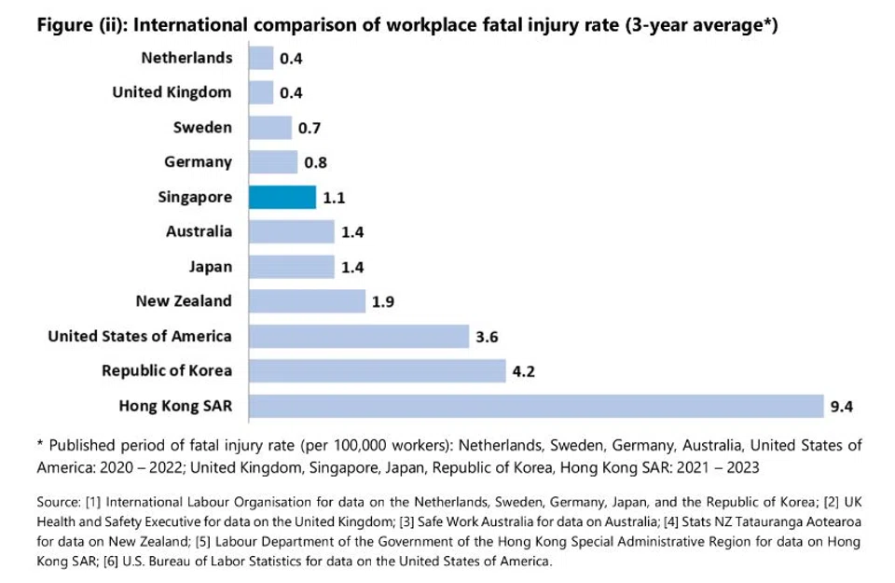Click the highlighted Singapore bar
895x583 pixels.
click(282, 197)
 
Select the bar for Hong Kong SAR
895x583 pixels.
click(537, 406)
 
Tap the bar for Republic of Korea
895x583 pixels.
click(377, 371)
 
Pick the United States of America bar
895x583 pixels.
click(358, 336)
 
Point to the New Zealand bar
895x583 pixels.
click(307, 301)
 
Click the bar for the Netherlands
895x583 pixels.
click(261, 58)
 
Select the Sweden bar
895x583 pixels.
click(270, 128)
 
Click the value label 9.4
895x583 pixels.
click(843, 406)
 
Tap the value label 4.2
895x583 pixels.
click(523, 371)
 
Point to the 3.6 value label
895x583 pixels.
click(487, 336)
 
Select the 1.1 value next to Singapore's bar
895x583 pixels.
click(334, 198)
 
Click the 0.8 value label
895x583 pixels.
click(315, 163)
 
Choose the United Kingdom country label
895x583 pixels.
click(172, 92)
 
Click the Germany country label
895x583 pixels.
click(199, 162)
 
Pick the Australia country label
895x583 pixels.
click(200, 231)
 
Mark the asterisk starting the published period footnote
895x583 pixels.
click(41, 445)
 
